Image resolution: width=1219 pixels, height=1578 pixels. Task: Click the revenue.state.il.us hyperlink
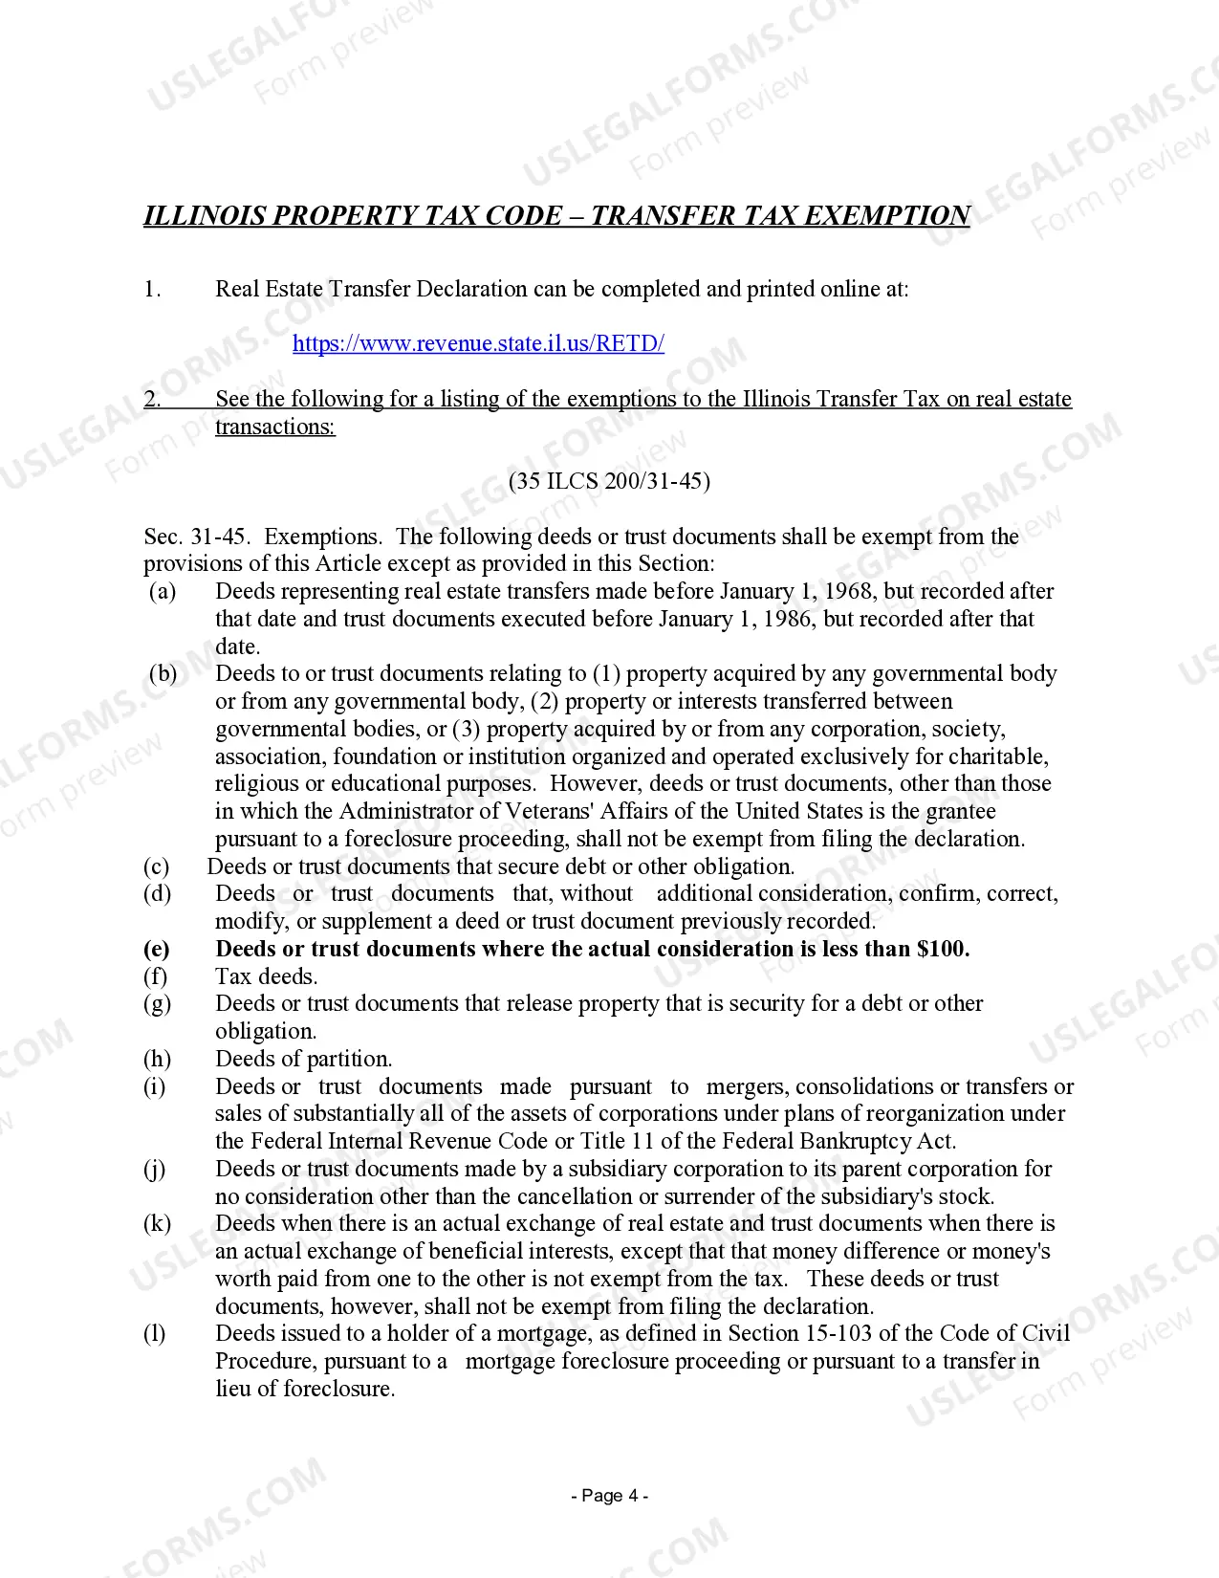click(478, 343)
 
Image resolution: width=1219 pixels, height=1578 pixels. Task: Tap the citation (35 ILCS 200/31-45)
click(609, 481)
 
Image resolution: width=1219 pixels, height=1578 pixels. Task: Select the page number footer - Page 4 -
click(609, 1496)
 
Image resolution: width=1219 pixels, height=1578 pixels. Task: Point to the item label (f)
click(155, 976)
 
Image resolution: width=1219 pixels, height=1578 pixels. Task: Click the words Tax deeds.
click(267, 976)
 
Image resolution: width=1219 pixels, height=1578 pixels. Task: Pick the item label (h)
click(157, 1059)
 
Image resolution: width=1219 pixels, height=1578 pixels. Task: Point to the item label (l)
click(154, 1333)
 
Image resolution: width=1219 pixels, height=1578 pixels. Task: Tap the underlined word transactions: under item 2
click(275, 427)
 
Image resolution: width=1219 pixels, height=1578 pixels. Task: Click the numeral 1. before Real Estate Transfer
click(152, 289)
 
